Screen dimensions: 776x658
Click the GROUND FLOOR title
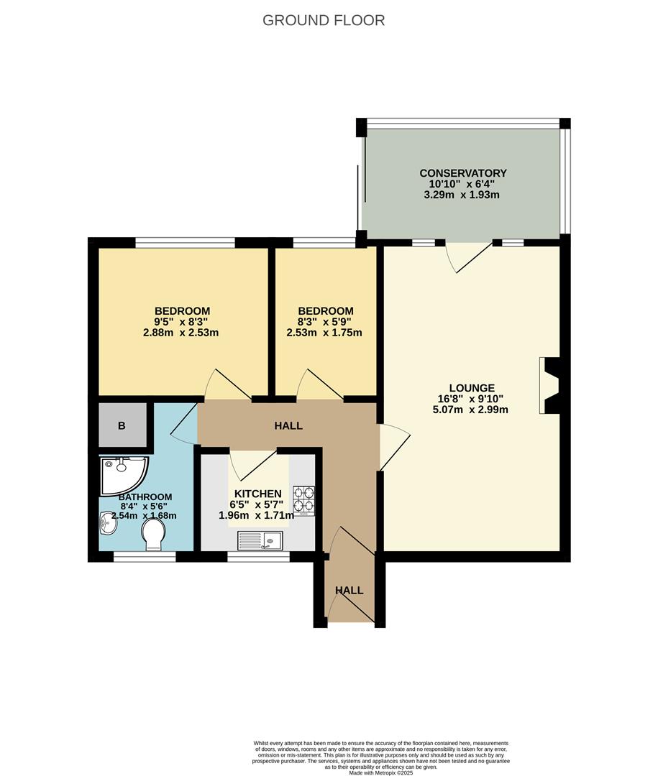tap(324, 20)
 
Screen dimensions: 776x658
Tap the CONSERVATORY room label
tap(463, 173)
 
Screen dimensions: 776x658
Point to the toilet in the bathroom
tap(153, 535)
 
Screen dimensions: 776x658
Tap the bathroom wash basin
tap(108, 527)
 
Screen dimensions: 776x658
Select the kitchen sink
tap(262, 540)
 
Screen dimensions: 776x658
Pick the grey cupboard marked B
tap(122, 425)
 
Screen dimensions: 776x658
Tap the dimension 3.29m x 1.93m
tap(463, 195)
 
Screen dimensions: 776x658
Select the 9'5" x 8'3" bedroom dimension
tap(181, 322)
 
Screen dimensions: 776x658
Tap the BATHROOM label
tap(145, 497)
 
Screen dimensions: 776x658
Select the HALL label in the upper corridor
tap(288, 425)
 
